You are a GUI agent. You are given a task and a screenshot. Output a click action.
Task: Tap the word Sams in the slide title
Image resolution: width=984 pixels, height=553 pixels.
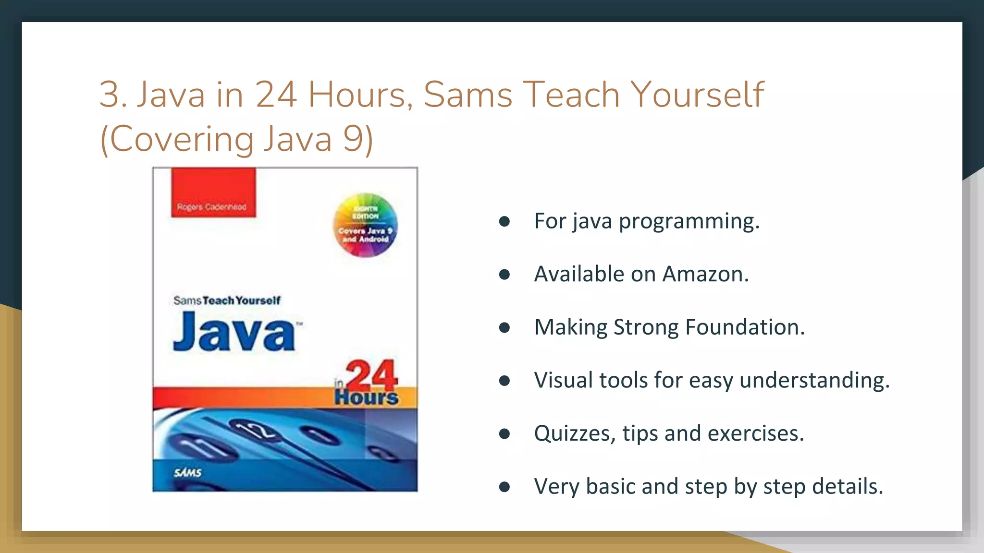pos(467,95)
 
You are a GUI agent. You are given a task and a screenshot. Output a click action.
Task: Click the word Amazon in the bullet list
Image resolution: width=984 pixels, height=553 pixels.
pos(705,274)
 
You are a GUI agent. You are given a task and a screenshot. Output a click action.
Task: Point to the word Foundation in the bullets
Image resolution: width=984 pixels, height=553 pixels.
pos(745,327)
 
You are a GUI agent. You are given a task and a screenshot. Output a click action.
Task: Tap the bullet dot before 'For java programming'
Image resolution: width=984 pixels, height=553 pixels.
pos(504,221)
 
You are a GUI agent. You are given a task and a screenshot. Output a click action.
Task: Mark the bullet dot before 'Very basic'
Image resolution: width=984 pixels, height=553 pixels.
pos(504,487)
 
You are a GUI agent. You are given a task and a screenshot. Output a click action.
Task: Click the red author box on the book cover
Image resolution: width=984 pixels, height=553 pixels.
pos(213,192)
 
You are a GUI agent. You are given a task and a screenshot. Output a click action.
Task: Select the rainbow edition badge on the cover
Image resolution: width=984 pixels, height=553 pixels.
pos(365,225)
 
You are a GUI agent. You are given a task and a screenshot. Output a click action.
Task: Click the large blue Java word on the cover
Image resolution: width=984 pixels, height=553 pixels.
pos(234,332)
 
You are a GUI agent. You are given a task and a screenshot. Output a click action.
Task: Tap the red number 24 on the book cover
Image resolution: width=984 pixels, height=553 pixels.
pos(371,375)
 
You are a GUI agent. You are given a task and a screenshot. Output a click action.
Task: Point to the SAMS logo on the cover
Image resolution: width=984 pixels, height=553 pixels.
pos(187,473)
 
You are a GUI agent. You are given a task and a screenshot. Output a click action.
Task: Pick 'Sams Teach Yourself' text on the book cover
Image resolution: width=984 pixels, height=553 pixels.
pos(227,301)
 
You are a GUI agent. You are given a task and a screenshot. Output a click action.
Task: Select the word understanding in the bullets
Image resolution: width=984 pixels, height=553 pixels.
pos(814,380)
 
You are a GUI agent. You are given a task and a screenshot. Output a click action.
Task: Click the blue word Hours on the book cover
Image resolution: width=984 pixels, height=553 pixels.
pos(367,397)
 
